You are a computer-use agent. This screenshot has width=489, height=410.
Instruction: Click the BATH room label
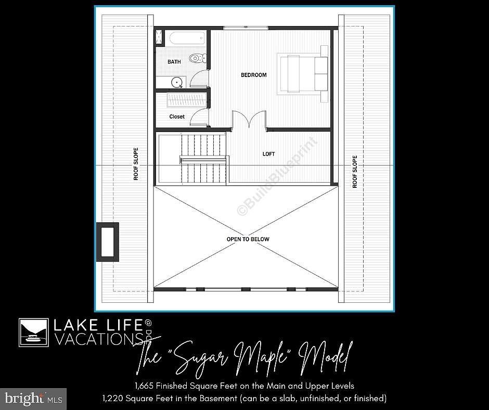point(174,62)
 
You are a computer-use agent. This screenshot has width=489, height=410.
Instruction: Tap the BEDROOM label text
point(253,75)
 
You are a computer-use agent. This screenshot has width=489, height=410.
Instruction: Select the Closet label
point(177,117)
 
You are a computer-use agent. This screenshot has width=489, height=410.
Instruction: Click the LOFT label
point(268,154)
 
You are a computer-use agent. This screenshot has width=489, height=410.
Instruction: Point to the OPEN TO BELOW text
point(248,239)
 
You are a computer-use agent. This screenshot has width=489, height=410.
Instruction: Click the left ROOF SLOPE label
point(136,164)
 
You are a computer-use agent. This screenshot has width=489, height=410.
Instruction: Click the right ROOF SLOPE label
point(355,172)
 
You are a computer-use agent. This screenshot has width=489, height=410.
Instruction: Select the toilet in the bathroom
point(196,58)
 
